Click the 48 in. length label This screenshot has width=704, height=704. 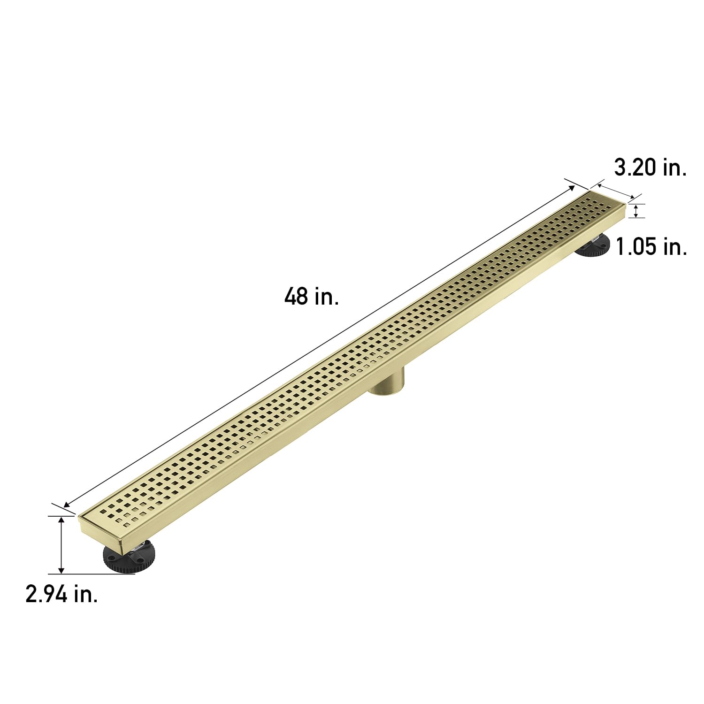[311, 297]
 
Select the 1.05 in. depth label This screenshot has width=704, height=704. [651, 246]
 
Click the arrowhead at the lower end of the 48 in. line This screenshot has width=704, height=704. [67, 505]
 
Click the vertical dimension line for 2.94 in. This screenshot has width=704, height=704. [61, 544]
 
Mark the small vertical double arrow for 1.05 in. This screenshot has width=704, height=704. [635, 211]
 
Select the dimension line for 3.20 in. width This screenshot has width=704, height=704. [615, 191]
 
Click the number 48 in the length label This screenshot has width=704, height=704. [296, 297]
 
